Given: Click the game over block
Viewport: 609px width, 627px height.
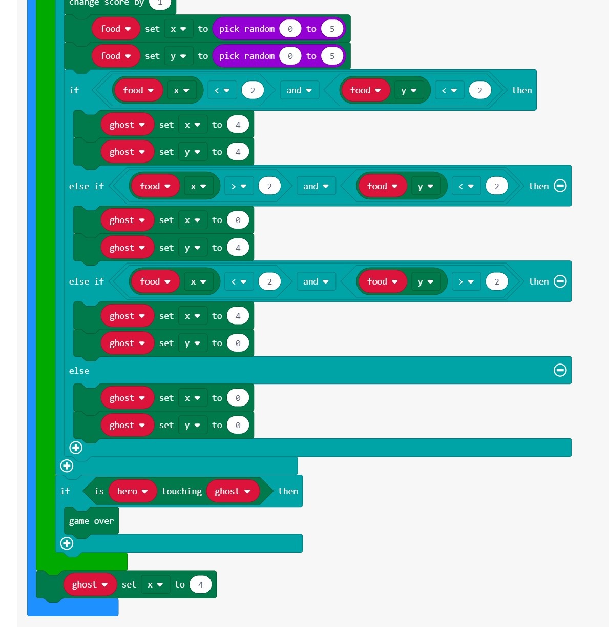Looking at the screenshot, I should tap(91, 521).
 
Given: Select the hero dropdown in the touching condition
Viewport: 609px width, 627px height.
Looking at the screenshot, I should tap(132, 491).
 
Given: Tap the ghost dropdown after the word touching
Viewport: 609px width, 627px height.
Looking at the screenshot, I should tap(232, 491).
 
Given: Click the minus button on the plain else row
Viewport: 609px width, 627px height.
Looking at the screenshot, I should tap(560, 370).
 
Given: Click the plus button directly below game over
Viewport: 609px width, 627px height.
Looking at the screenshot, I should tap(67, 543).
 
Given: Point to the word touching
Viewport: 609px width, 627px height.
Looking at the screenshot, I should tap(181, 491).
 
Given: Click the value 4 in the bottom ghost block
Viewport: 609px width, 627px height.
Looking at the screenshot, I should tap(200, 584).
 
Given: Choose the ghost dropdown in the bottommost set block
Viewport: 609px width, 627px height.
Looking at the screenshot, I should tap(89, 584).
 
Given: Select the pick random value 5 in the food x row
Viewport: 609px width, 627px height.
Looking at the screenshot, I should tap(332, 29).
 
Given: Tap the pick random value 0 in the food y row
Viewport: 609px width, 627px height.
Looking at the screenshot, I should tap(290, 56).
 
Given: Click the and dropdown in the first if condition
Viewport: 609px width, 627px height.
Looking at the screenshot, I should tap(299, 90).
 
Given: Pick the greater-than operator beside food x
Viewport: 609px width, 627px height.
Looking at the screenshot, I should tap(238, 186).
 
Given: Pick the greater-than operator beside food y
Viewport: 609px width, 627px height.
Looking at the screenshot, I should tap(466, 281).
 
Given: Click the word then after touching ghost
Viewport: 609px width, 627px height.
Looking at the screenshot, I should tap(288, 491).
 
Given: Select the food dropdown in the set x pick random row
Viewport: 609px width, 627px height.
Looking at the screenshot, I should tap(115, 29).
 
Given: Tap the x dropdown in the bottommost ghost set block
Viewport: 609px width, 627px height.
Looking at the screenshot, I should tap(155, 584).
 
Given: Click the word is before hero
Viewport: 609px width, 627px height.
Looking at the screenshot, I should tap(99, 491).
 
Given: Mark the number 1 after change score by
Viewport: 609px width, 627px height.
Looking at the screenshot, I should tap(160, 3).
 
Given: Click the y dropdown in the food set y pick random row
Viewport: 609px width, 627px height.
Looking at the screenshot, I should tap(178, 56).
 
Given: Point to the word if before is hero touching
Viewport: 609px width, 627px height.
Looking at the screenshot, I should tap(65, 491).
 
